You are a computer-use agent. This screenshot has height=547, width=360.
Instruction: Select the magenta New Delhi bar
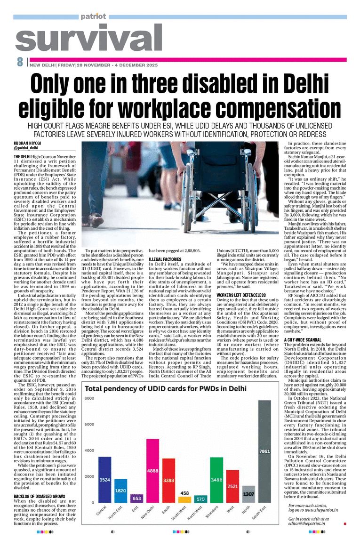click(152, 471)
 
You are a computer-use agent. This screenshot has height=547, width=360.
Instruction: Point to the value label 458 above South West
click(184, 493)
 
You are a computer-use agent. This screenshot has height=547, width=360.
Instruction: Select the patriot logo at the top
click(93, 16)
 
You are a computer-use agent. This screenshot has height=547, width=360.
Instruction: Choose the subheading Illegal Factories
click(165, 259)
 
